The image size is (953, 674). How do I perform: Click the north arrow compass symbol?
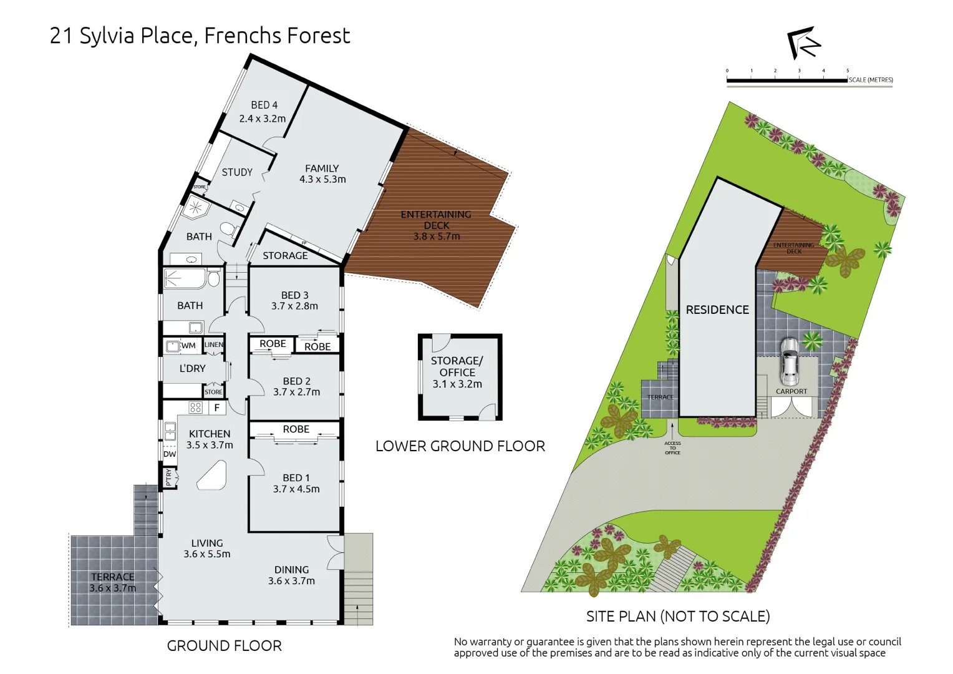[803, 43]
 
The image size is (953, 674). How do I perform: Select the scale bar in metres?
[787, 80]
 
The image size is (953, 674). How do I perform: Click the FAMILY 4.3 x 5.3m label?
[322, 173]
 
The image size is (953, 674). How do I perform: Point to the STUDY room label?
[237, 172]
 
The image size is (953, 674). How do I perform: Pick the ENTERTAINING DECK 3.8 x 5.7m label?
[436, 225]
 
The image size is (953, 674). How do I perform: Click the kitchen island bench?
[212, 476]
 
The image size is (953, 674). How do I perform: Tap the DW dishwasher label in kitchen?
[170, 454]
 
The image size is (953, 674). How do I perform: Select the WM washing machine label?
[188, 346]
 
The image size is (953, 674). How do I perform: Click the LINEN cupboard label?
[213, 344]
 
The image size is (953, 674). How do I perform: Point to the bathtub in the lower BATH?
[185, 278]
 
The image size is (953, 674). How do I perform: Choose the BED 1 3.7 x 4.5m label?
[296, 484]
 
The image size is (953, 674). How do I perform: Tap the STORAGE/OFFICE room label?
[457, 372]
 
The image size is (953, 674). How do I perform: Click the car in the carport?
[790, 362]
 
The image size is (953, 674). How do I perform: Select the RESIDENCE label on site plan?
[717, 310]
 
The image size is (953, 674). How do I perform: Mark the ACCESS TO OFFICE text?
[672, 447]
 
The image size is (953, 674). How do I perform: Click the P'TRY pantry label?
[168, 477]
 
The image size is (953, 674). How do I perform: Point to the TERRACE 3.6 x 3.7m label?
[112, 582]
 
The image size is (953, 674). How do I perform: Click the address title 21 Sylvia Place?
[200, 36]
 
